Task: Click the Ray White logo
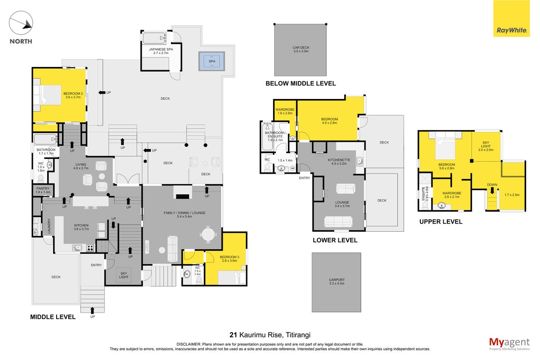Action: pyautogui.click(x=511, y=18)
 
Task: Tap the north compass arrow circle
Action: pyautogui.click(x=21, y=22)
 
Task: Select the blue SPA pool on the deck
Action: pyautogui.click(x=211, y=61)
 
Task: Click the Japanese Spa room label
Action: pyautogui.click(x=161, y=51)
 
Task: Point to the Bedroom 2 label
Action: pyautogui.click(x=73, y=95)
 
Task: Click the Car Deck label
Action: pyautogui.click(x=301, y=49)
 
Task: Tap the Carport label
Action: pyautogui.click(x=337, y=281)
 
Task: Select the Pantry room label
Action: pyautogui.click(x=43, y=190)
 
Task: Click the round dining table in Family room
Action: pyautogui.click(x=208, y=234)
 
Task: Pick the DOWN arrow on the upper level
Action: pyautogui.click(x=492, y=191)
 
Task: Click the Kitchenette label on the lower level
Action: pyautogui.click(x=339, y=162)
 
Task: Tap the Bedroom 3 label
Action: pyautogui.click(x=229, y=259)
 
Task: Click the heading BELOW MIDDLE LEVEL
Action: pyautogui.click(x=301, y=83)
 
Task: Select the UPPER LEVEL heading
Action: pyautogui.click(x=441, y=221)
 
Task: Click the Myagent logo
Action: pyautogui.click(x=509, y=344)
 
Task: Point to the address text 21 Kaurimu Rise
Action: pyautogui.click(x=256, y=335)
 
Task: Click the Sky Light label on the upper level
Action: pyautogui.click(x=486, y=146)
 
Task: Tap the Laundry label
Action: pyautogui.click(x=49, y=226)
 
